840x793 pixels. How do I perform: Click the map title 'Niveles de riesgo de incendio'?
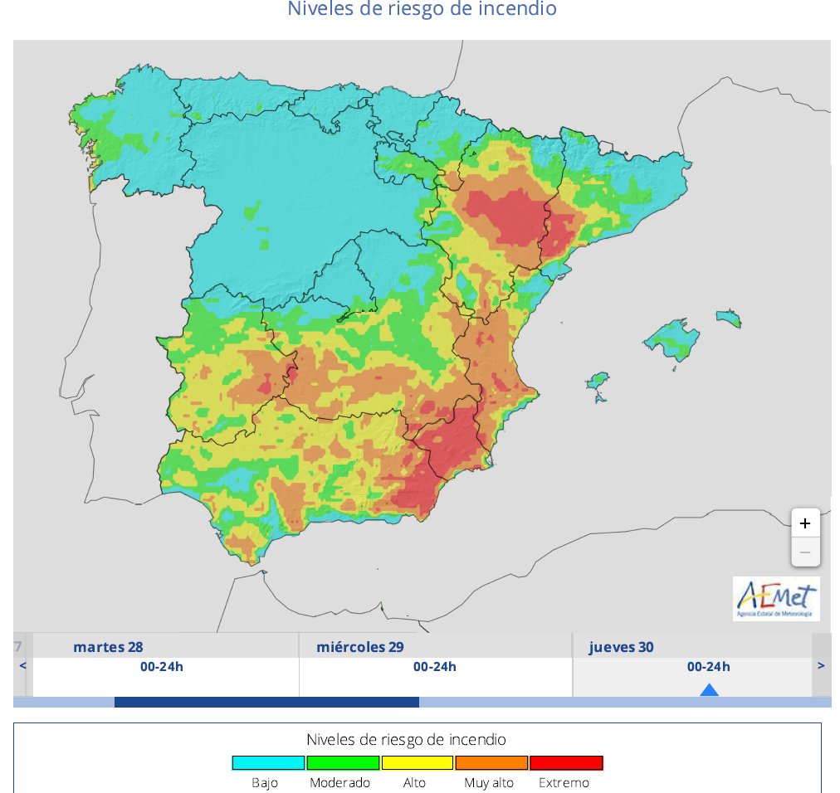pyautogui.click(x=422, y=10)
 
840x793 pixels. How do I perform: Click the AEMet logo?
pyautogui.click(x=776, y=598)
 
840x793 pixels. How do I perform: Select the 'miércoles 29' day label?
pyautogui.click(x=360, y=647)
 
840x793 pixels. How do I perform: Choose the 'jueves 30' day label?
pyautogui.click(x=621, y=647)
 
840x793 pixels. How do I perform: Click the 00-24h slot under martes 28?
pyautogui.click(x=162, y=667)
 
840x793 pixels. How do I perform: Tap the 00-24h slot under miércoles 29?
pyautogui.click(x=435, y=667)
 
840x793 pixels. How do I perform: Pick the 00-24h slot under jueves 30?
pyautogui.click(x=708, y=667)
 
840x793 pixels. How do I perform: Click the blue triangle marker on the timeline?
pyautogui.click(x=709, y=689)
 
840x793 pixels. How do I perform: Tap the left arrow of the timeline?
pyautogui.click(x=22, y=665)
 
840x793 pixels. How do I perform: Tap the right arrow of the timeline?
pyautogui.click(x=821, y=665)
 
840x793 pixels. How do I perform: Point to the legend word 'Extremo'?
pyautogui.click(x=564, y=783)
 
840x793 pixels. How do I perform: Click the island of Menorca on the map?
pyautogui.click(x=728, y=319)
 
